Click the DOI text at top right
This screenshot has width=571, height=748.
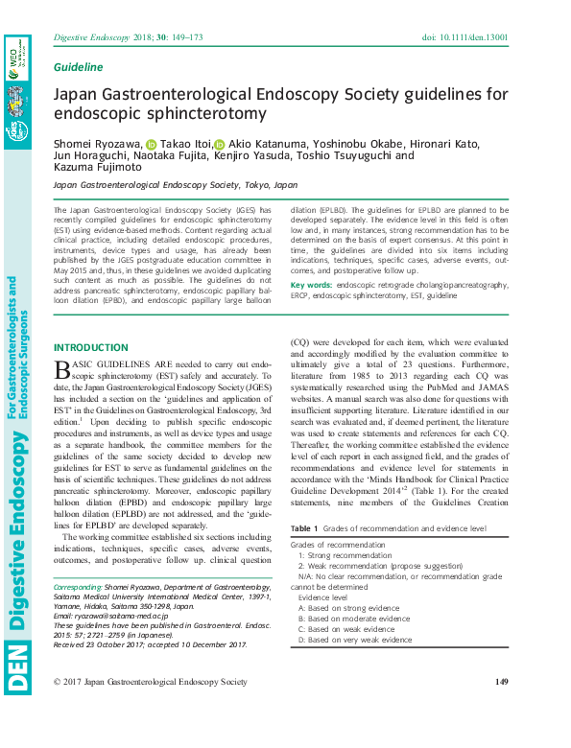coord(464,37)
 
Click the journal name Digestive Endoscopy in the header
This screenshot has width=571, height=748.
coord(89,37)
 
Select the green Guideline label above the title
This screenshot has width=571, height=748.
coord(79,67)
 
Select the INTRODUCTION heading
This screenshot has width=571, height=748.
coord(90,347)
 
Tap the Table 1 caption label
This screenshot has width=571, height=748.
coord(303,528)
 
